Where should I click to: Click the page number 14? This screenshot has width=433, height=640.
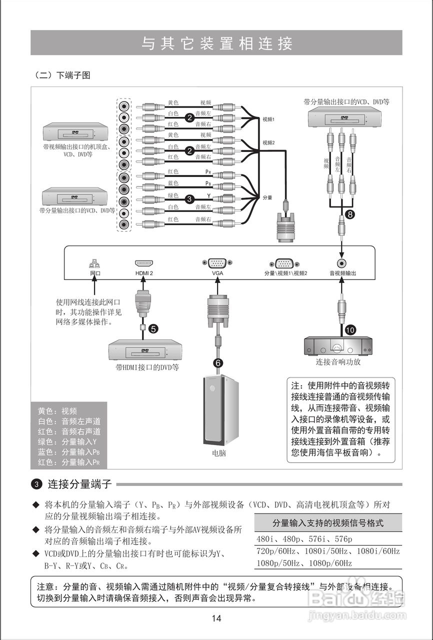pos(216,618)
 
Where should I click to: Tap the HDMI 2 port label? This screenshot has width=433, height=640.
pos(144,273)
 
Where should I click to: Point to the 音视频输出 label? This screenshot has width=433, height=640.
pos(342,273)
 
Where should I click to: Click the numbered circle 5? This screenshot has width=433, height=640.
pos(153,328)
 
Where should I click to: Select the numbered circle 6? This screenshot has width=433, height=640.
pos(218,363)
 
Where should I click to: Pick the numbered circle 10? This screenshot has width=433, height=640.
pos(350,330)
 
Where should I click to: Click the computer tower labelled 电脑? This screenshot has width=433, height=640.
pos(220,410)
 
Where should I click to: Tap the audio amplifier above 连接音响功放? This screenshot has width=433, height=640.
pos(338,345)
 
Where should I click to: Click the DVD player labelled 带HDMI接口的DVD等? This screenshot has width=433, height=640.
pos(145,349)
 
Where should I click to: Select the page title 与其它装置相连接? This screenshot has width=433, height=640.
pos(216,43)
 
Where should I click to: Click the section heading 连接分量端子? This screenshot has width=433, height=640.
pos(79,484)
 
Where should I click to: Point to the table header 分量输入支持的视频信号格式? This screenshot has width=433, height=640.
pos(328,523)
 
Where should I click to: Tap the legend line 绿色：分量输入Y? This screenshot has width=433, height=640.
pos(67,441)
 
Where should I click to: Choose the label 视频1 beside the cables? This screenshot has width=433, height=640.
pos(269,120)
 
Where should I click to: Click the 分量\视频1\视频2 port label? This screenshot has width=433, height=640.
pos(285,273)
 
